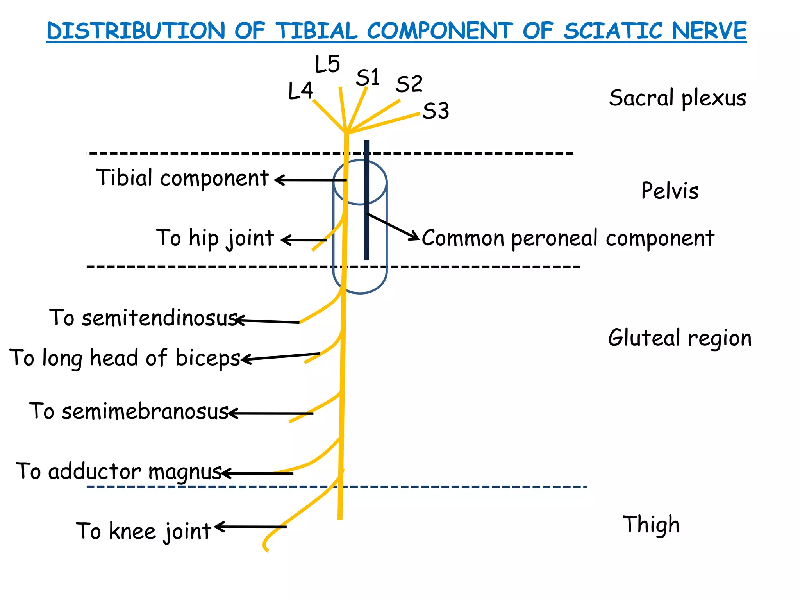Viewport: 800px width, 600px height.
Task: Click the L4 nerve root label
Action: (300, 91)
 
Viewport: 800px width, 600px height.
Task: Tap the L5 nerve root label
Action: (327, 64)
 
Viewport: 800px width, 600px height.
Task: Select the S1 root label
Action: (368, 77)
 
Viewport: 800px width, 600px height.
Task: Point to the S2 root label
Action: (409, 84)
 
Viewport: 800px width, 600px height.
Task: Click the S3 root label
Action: (436, 111)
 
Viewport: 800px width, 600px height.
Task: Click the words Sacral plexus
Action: (677, 98)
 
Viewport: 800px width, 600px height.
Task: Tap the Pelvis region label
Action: (670, 191)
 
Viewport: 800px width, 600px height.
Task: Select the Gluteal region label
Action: (679, 338)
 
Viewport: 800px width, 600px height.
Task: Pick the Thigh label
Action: (651, 525)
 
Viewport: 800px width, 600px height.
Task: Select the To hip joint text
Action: (215, 238)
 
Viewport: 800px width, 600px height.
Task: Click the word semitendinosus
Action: (160, 318)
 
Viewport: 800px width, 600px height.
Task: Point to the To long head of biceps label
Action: (125, 358)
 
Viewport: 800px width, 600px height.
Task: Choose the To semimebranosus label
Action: (129, 411)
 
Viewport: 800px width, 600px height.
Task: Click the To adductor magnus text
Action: (119, 471)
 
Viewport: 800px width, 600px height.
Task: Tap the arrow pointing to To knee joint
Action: (250, 527)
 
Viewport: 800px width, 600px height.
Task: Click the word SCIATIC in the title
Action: (614, 31)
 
